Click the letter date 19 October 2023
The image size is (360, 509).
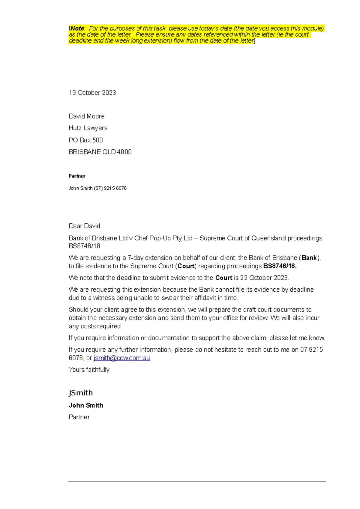pyautogui.click(x=92, y=93)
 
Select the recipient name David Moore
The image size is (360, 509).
pyautogui.click(x=86, y=116)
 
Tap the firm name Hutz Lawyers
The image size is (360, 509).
pyautogui.click(x=88, y=128)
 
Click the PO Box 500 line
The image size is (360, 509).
pyautogui.click(x=85, y=140)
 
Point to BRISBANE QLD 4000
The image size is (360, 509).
pyautogui.click(x=100, y=152)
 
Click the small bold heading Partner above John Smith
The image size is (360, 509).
pyautogui.click(x=77, y=176)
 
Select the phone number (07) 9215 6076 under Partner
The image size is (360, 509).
pyautogui.click(x=110, y=188)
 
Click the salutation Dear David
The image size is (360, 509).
pyautogui.click(x=84, y=226)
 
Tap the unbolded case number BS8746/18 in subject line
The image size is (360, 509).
pyautogui.click(x=84, y=246)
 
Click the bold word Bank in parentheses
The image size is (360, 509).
pyautogui.click(x=309, y=258)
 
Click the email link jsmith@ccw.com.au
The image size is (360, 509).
pyautogui.click(x=121, y=358)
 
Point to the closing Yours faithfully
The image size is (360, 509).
pyautogui.click(x=89, y=370)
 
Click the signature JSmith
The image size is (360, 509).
pyautogui.click(x=81, y=393)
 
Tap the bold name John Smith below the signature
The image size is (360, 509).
pyautogui.click(x=86, y=405)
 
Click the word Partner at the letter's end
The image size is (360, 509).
pyautogui.click(x=79, y=417)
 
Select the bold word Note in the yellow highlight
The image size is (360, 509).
pyautogui.click(x=77, y=28)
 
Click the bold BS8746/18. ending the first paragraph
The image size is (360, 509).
pyautogui.click(x=280, y=266)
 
